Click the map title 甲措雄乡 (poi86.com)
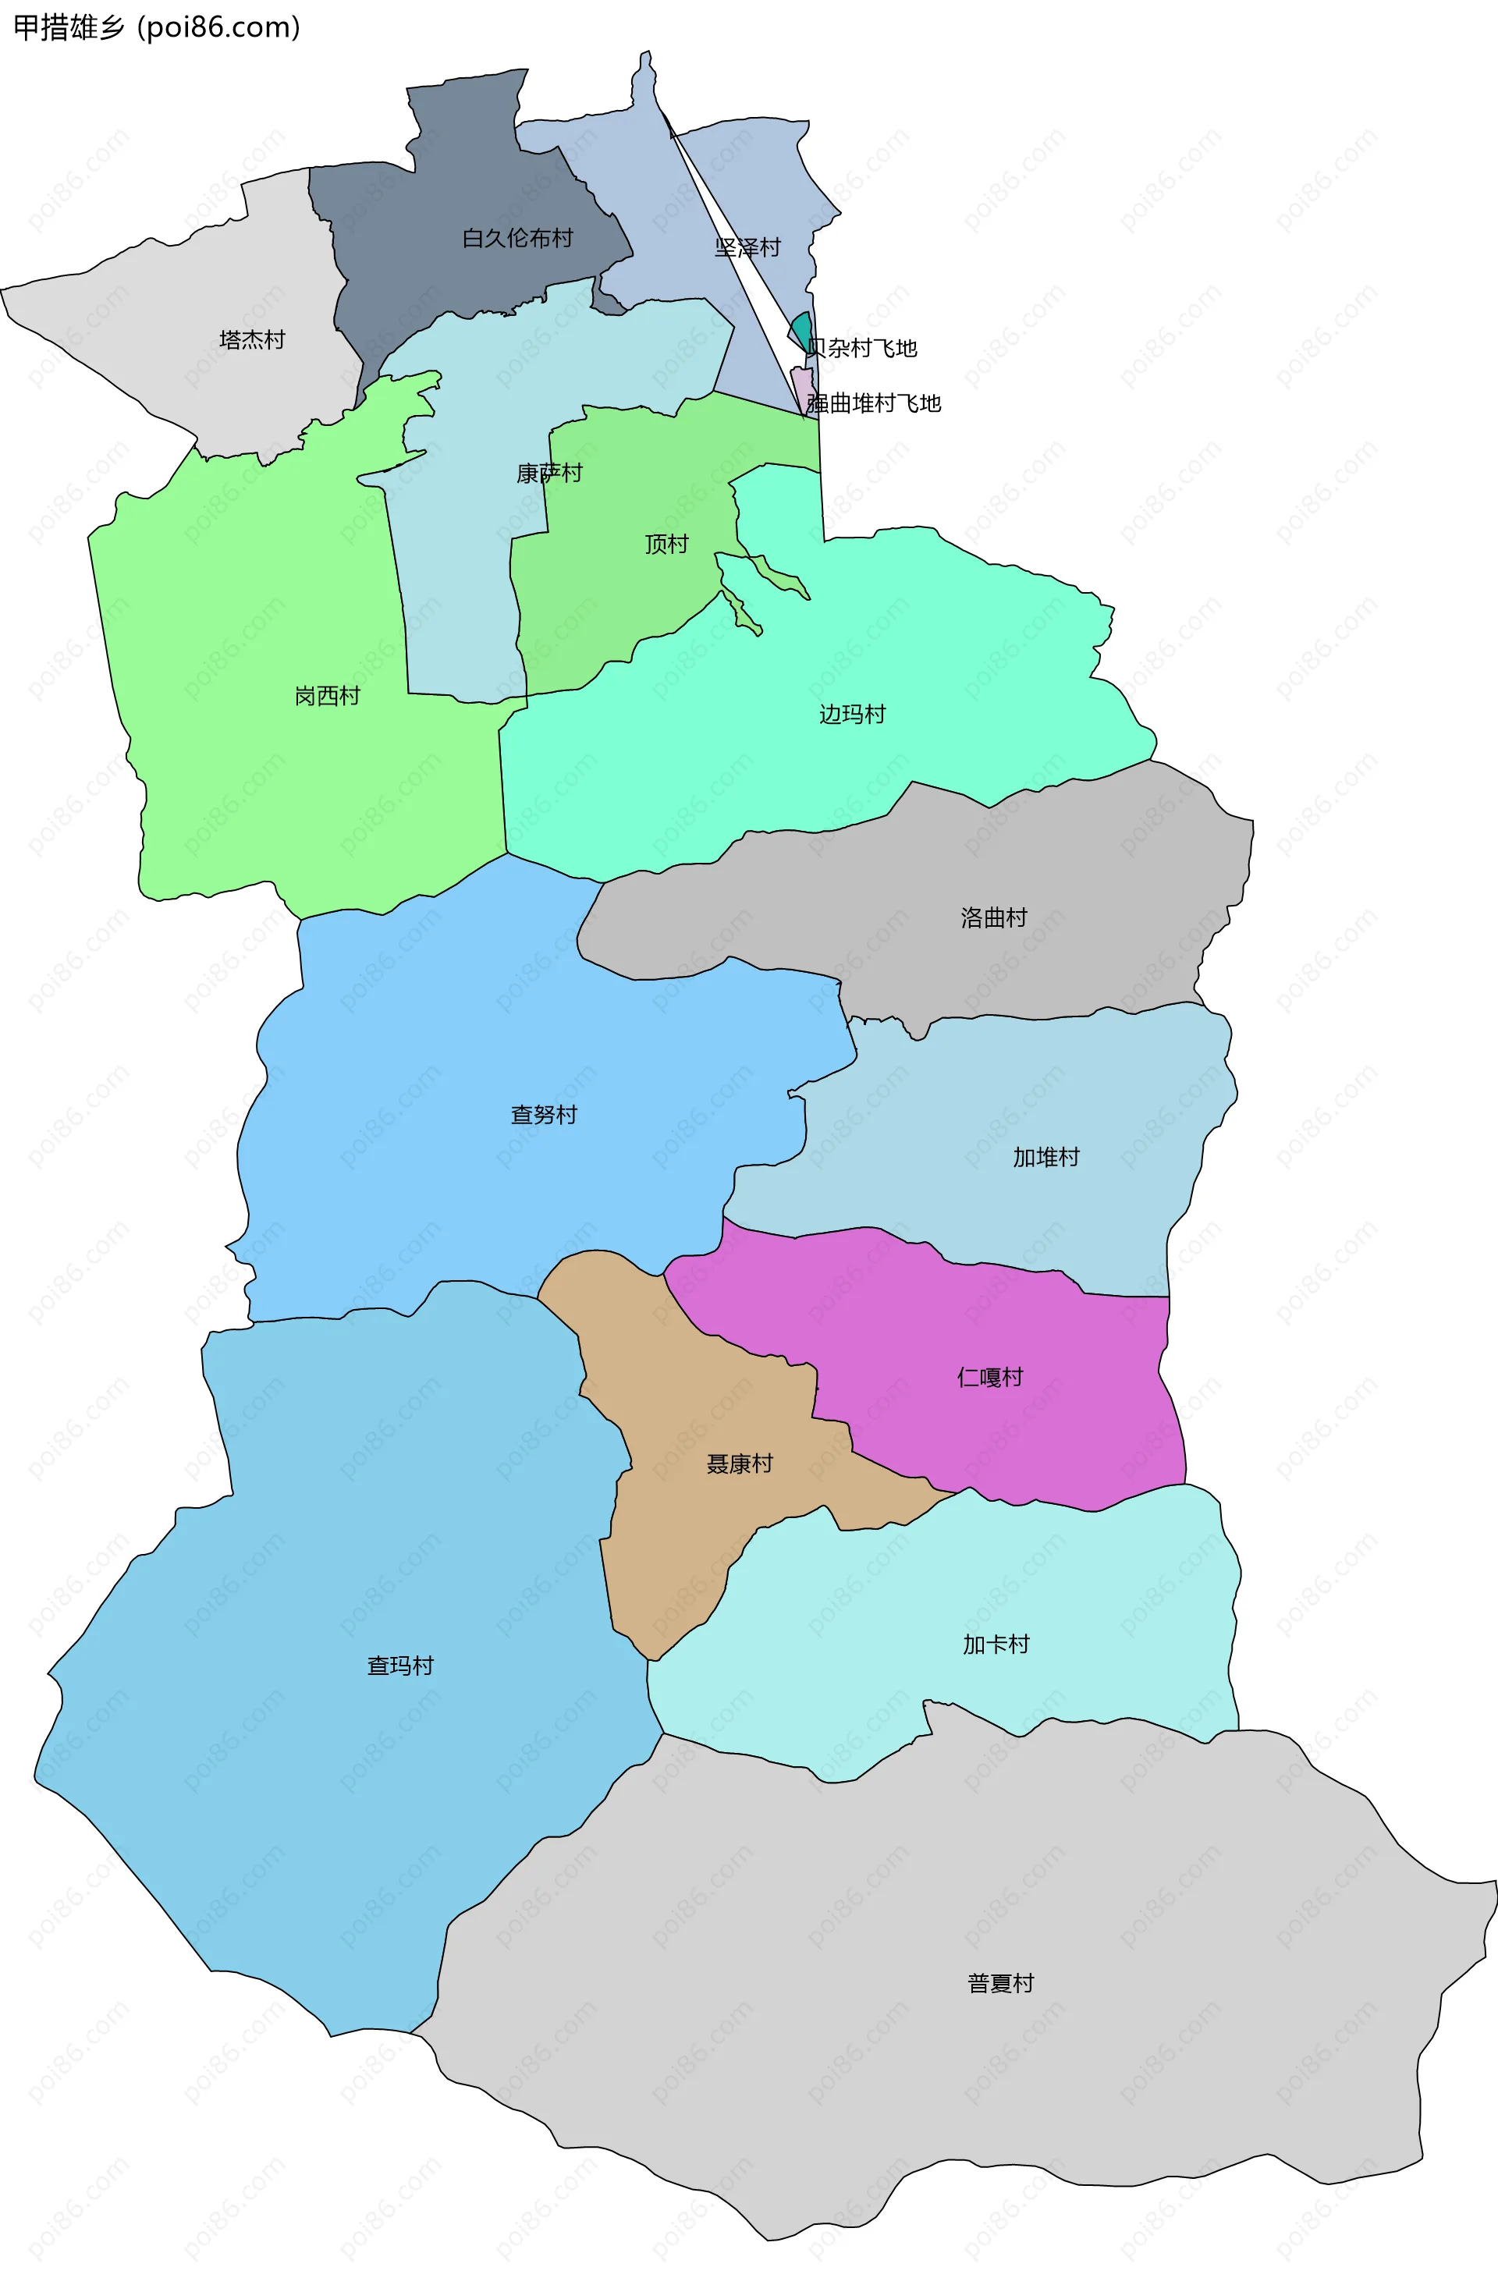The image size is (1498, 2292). [x=157, y=27]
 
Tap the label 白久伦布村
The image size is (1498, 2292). [x=517, y=238]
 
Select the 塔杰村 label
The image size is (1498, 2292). [x=252, y=340]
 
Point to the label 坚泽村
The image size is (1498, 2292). [x=747, y=247]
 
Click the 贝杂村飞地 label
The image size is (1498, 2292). [x=862, y=348]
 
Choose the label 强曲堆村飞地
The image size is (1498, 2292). [x=874, y=403]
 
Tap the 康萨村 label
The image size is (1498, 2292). [x=549, y=473]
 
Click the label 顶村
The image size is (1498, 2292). [x=666, y=544]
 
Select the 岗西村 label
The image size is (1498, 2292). [x=328, y=695]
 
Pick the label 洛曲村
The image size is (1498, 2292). [x=994, y=917]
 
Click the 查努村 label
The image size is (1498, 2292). [x=545, y=1114]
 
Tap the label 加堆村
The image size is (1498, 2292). [x=1046, y=1157]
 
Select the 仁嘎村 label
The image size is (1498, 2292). [x=990, y=1377]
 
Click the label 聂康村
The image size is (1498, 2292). [x=740, y=1464]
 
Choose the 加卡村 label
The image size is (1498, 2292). [x=996, y=1644]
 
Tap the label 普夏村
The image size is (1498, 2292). [x=1001, y=1983]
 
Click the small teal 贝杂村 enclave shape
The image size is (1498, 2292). [x=800, y=330]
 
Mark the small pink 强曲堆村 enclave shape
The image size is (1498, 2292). [x=800, y=387]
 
